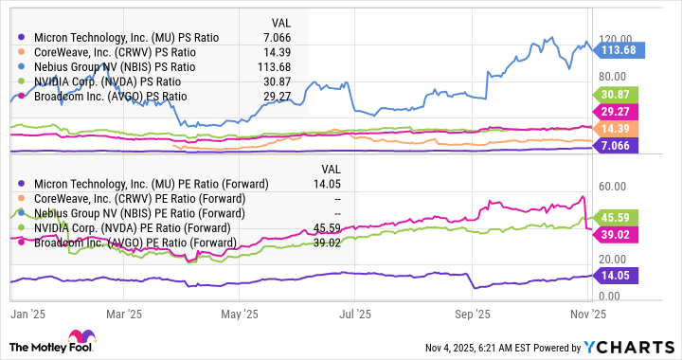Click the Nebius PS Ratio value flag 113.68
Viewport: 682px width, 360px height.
click(x=623, y=49)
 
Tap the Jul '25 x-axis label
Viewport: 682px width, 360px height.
click(x=354, y=313)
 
